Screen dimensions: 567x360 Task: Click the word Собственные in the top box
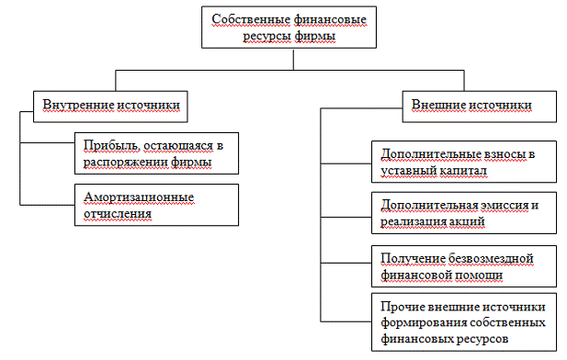point(251,19)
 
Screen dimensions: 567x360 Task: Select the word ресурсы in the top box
point(266,36)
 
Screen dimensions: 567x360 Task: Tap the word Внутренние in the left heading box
point(78,105)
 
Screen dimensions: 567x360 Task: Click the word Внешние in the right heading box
point(438,105)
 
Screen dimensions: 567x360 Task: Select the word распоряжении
point(125,163)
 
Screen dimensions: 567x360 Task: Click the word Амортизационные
point(139,197)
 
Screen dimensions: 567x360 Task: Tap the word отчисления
point(118,214)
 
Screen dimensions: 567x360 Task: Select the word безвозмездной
point(491,259)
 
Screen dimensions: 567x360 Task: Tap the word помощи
point(479,276)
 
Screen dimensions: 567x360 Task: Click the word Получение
point(413,259)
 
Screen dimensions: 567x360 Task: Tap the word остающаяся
point(178,146)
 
